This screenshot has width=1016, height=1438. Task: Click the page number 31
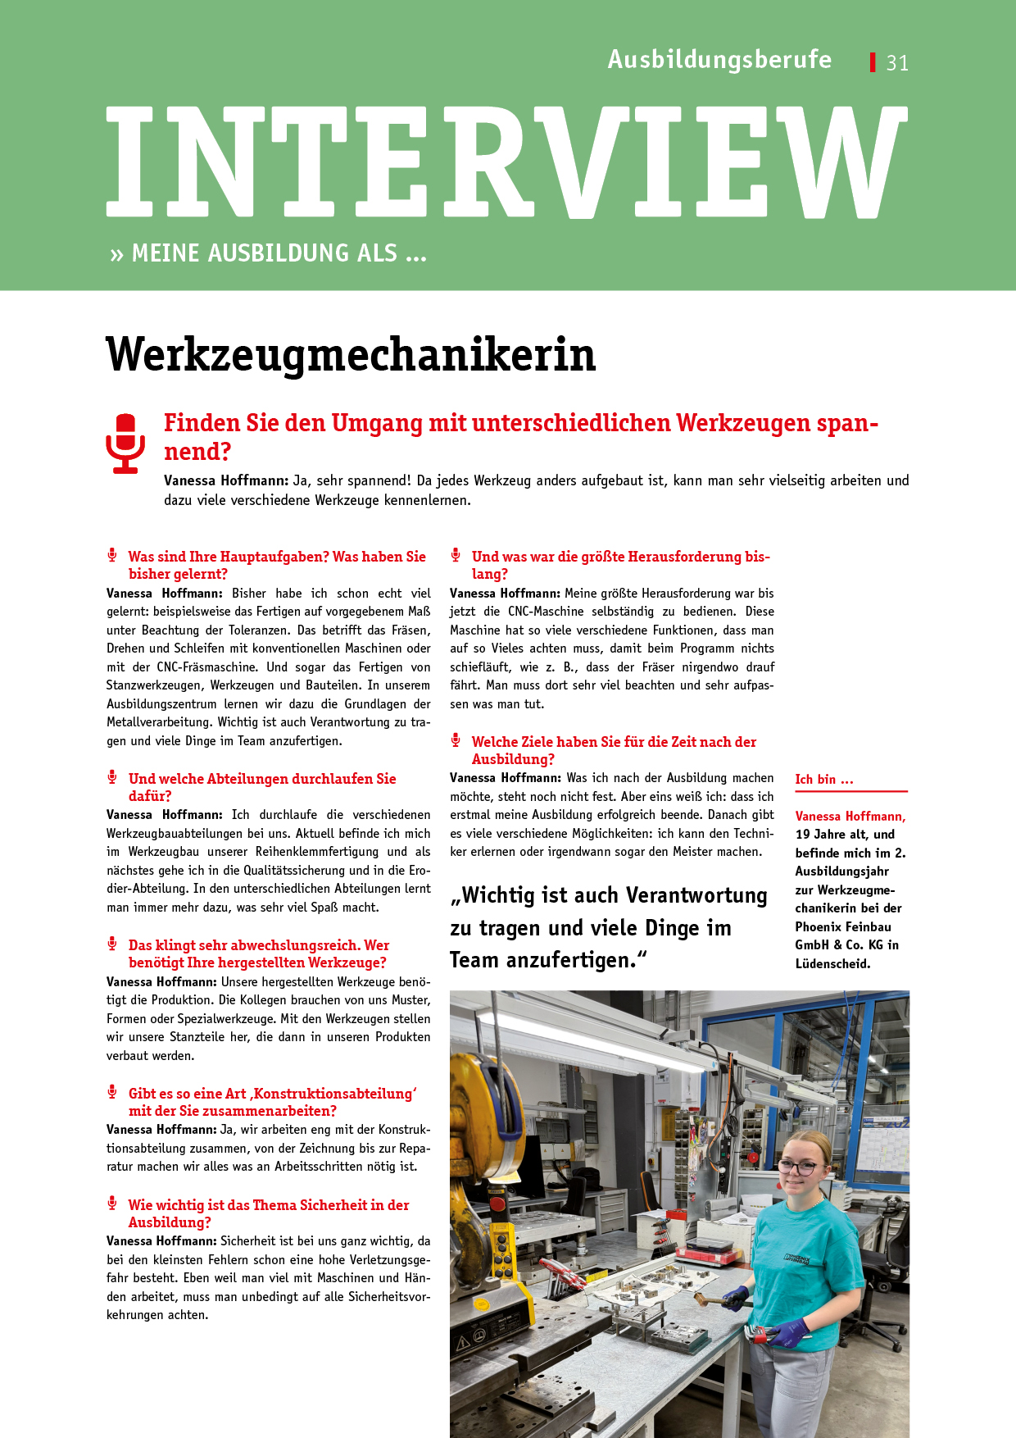coord(897,63)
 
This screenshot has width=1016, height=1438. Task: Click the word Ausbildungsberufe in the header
coord(719,60)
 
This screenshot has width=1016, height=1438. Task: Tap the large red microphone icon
coord(125,444)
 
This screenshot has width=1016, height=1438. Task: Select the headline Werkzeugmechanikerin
coord(351,355)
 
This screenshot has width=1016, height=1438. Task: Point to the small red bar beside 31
coord(873,62)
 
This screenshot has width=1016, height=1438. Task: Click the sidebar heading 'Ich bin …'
coord(823,780)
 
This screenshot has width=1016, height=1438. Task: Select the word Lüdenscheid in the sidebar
coord(832,964)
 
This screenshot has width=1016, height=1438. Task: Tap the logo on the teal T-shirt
coord(796,1258)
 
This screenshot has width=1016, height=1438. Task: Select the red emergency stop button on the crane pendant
coord(497,1203)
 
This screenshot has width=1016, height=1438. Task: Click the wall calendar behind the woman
coord(882,1144)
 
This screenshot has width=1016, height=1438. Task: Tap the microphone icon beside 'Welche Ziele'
coord(456,741)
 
